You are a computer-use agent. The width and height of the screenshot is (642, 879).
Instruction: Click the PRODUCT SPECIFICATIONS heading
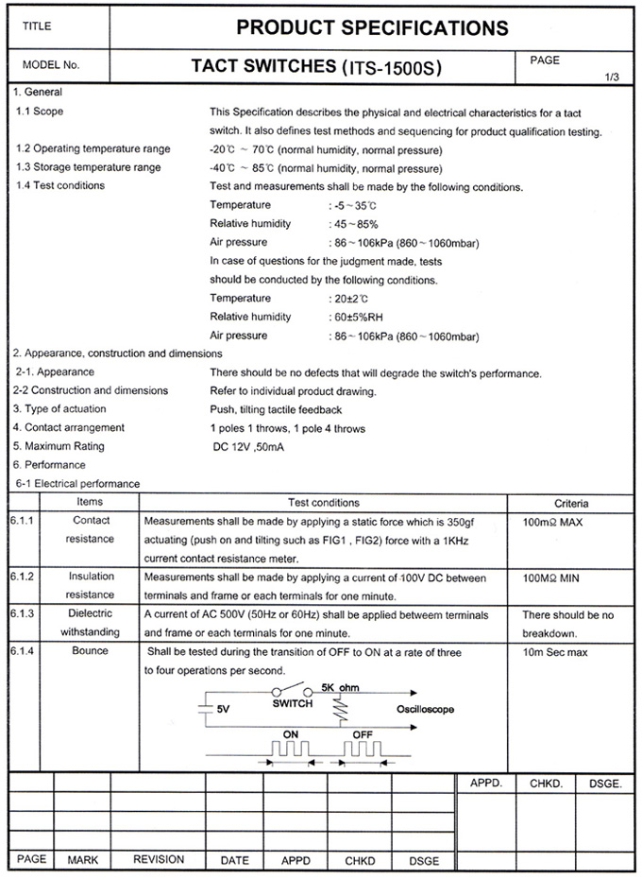372,27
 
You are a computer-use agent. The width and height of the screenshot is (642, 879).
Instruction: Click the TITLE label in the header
37,26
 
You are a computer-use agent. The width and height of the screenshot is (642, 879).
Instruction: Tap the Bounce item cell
91,651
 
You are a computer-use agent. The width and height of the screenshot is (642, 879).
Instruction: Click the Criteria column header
570,503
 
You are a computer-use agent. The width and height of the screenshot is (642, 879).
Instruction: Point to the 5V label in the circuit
224,708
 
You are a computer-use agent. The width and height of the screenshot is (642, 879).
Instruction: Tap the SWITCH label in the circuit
293,704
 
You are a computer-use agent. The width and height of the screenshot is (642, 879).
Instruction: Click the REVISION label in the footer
159,860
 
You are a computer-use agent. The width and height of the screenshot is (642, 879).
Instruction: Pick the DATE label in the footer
234,860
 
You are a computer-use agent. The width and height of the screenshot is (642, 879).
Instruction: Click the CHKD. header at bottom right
546,783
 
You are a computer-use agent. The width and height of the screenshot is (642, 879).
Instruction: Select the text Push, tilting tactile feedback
276,409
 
